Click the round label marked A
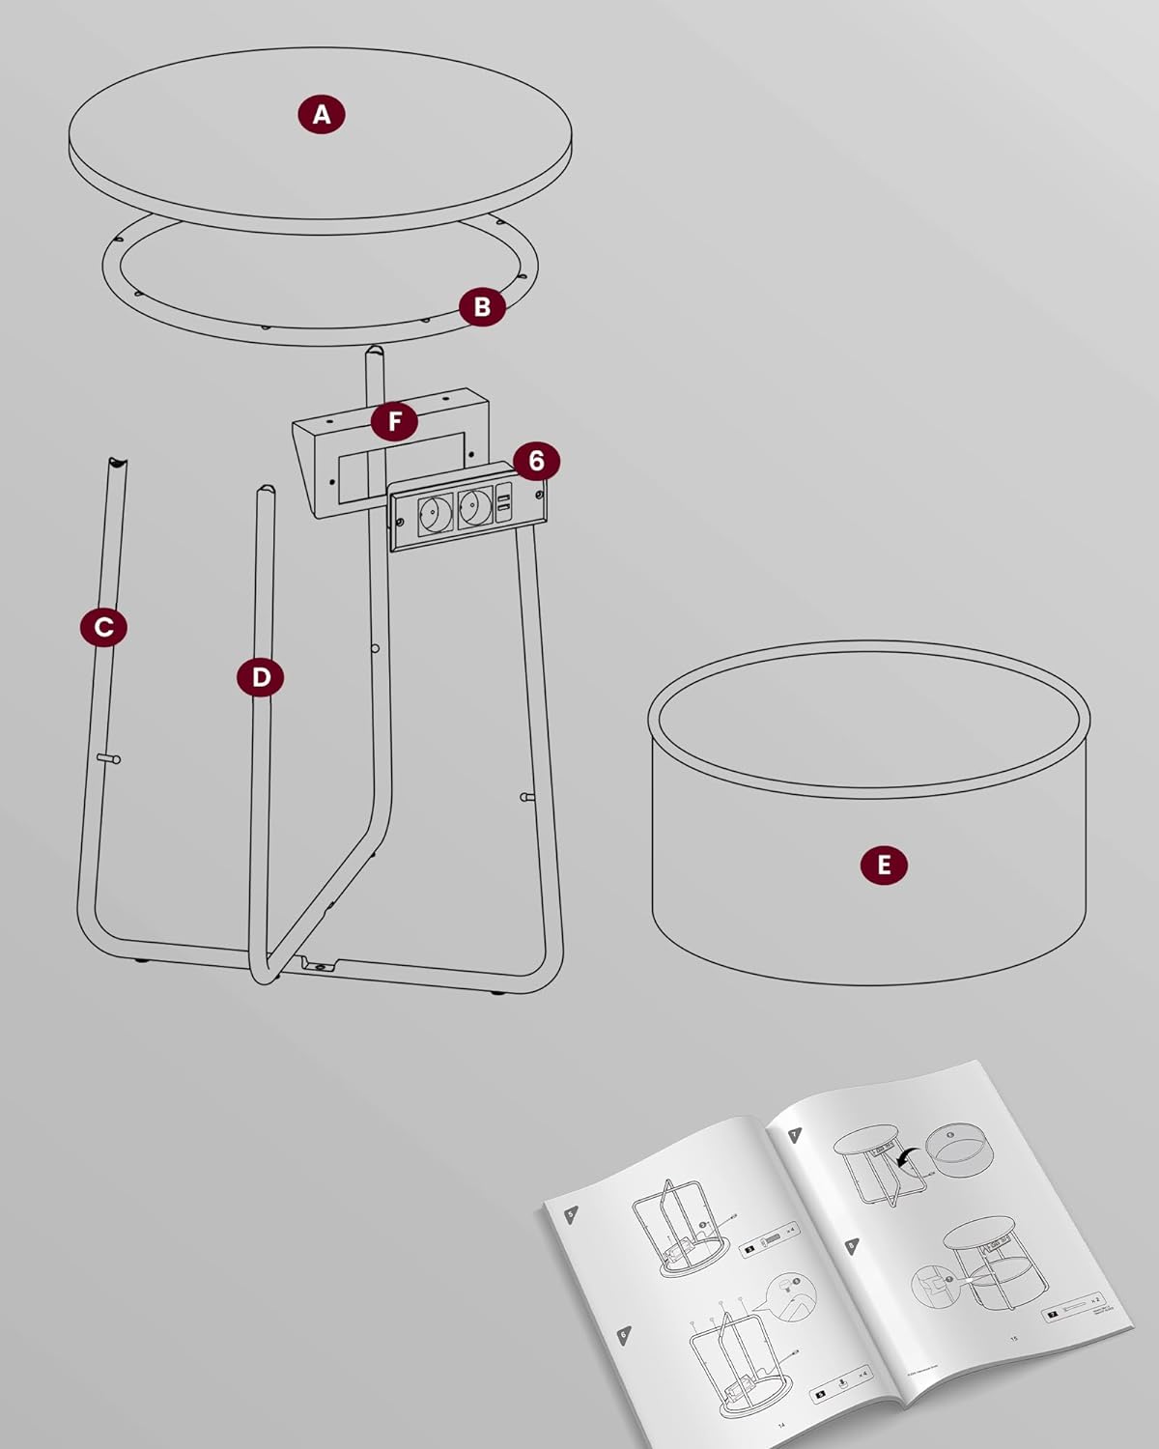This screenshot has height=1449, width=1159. click(322, 114)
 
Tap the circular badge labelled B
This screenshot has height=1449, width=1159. click(482, 307)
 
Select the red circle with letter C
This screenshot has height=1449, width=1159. click(103, 627)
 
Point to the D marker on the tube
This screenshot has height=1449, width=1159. click(261, 677)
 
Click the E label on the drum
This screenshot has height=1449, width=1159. click(884, 864)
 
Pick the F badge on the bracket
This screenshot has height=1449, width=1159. click(393, 422)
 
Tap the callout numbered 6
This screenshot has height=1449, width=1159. click(536, 462)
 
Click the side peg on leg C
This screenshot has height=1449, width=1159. click(109, 760)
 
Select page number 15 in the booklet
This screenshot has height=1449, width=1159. click(1013, 1338)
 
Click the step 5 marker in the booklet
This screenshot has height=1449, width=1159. click(571, 1210)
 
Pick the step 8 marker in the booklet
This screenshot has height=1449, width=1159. click(850, 1247)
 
